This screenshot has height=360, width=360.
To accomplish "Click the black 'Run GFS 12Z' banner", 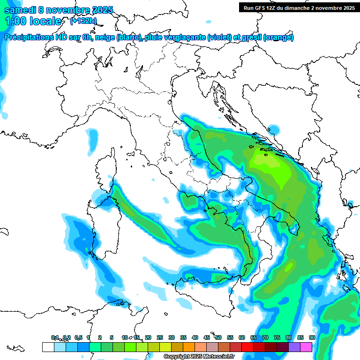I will click(x=299, y=7).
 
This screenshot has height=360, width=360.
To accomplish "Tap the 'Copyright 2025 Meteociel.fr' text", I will click(x=199, y=357).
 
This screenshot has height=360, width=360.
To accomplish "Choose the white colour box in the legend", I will click(x=48, y=347).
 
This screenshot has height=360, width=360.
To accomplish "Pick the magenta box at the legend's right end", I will click(x=306, y=347).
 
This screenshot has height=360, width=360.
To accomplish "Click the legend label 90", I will click(x=312, y=337).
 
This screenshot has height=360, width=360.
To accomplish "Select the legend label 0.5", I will click(x=78, y=337).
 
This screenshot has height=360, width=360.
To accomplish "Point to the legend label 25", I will click(x=160, y=337).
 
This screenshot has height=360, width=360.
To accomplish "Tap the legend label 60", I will click(x=242, y=337).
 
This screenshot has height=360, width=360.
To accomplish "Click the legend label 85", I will click(x=300, y=337).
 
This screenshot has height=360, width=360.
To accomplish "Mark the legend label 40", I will click(x=195, y=337).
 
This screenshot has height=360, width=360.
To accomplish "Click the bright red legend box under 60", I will click(x=247, y=347).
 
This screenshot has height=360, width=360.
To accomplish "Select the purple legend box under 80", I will click(x=294, y=347).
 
